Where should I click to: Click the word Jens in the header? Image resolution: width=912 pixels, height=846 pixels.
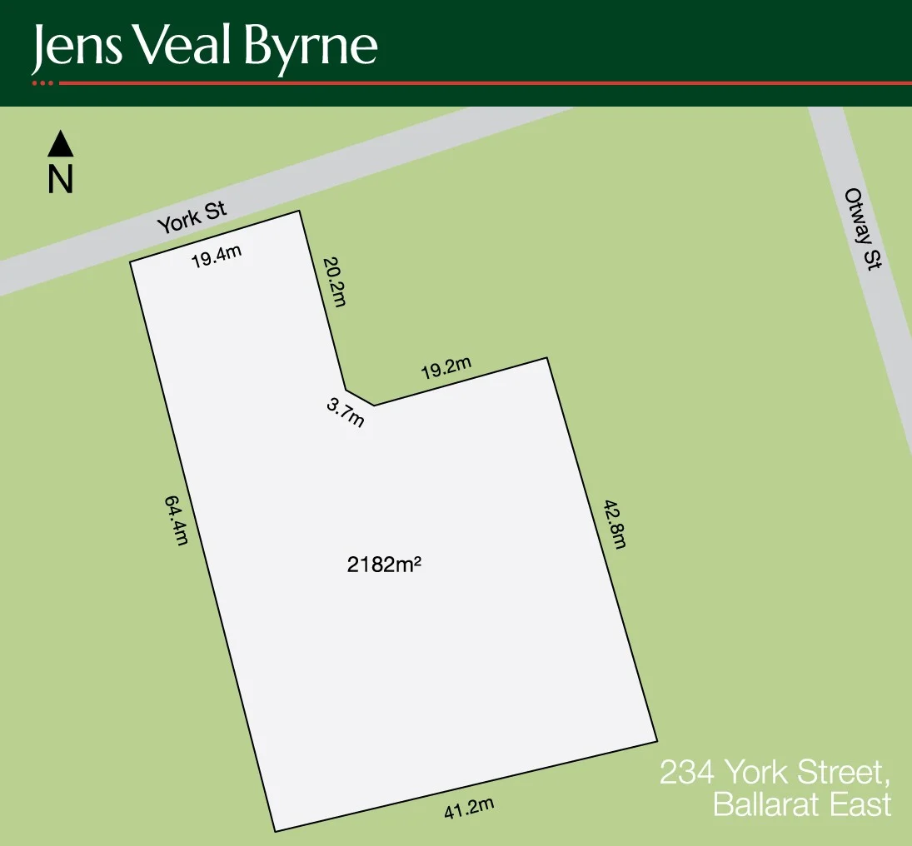(76, 48)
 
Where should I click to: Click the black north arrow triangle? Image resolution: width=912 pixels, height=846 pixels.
(61, 144)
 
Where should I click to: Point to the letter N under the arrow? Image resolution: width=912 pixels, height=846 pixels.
(61, 180)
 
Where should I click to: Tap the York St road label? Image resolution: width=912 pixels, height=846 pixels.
(192, 219)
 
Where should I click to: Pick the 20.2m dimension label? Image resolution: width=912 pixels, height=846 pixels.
(332, 281)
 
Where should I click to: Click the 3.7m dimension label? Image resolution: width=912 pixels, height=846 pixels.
(345, 412)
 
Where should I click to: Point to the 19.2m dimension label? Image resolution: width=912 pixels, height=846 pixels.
(446, 368)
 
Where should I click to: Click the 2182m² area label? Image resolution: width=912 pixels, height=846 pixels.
(383, 565)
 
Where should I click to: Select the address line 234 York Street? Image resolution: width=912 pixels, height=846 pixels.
(775, 773)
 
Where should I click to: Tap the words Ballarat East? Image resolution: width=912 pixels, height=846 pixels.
(801, 805)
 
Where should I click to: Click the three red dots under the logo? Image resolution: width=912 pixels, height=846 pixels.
(42, 83)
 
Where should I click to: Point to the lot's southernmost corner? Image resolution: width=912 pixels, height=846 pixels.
(275, 831)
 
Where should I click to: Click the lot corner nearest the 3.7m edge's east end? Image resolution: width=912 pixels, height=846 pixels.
(374, 406)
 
